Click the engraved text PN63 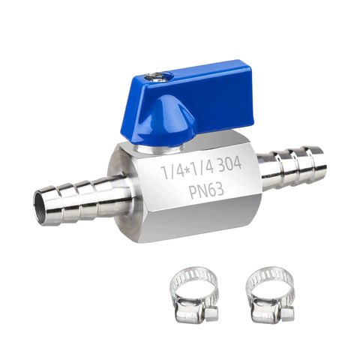tap(206, 190)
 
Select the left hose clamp tap(193, 295)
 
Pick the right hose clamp tap(270, 295)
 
